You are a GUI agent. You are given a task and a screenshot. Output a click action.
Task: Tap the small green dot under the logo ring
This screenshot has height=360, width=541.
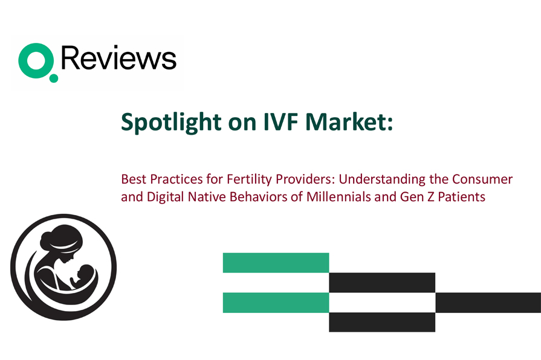pos(53,79)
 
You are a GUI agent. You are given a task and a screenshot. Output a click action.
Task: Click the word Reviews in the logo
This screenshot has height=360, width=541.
pos(118,58)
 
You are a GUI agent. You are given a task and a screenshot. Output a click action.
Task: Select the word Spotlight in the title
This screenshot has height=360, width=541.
pos(171,122)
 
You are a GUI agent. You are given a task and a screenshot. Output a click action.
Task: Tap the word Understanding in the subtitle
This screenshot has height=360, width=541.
pos(382,179)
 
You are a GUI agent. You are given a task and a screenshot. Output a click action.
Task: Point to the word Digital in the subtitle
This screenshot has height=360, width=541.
pos(165,197)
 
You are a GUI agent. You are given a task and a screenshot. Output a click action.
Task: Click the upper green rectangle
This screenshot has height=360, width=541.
pos(276,263)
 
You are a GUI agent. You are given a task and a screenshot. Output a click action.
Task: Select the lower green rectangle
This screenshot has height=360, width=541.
pos(276,303)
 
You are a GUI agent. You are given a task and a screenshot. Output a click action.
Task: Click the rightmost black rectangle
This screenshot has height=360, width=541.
pos(488,303)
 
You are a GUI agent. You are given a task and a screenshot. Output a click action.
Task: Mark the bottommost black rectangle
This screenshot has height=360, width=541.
pos(382,322)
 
